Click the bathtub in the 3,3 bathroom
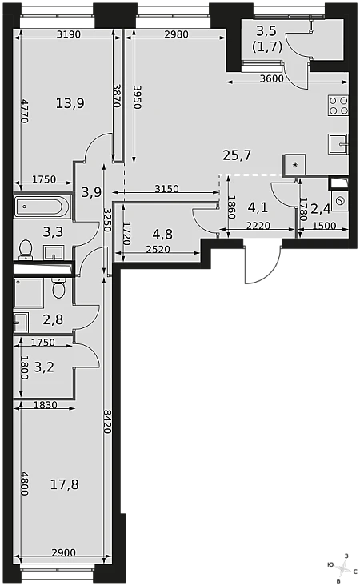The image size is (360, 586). [x=42, y=207]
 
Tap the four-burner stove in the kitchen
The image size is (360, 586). [x=338, y=105]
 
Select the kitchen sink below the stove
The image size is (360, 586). [x=338, y=144]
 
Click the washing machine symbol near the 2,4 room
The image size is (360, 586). [x=340, y=202]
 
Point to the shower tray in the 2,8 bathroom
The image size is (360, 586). [x=29, y=293]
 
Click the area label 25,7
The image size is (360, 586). [x=237, y=155]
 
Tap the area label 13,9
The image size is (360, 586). [x=70, y=102]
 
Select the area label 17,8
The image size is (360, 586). [x=64, y=484]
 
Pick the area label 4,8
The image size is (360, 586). [x=162, y=234]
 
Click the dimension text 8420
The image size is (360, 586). [x=107, y=422]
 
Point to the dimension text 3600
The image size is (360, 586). [x=271, y=78]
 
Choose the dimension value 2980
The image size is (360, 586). [x=176, y=34]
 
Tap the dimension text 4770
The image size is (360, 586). [x=24, y=110]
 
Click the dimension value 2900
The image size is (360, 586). [x=63, y=552]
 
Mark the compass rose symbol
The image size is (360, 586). [x=342, y=569]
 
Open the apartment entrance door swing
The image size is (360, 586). [x=262, y=263]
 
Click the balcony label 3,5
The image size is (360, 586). [x=266, y=31]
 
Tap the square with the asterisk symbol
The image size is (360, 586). [x=294, y=165]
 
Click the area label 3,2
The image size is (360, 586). [x=44, y=367]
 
